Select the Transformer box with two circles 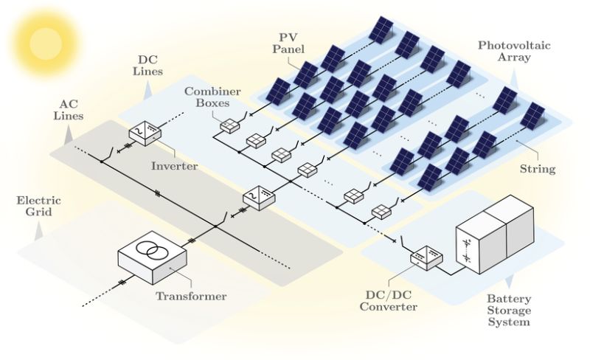click(x=153, y=259)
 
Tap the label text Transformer click(x=191, y=297)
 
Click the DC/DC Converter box click(x=426, y=255)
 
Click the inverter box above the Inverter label click(x=145, y=131)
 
